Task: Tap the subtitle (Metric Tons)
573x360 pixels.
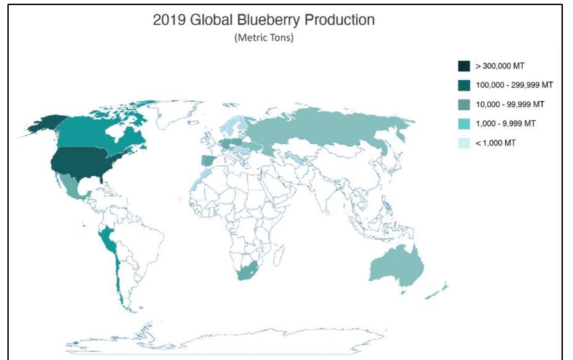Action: (x=264, y=38)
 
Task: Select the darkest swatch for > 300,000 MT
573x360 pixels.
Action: (x=464, y=66)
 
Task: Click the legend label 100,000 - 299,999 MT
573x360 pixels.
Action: (x=514, y=85)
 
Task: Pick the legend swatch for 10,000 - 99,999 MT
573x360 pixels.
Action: (x=464, y=105)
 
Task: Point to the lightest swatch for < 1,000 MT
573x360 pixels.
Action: (x=464, y=143)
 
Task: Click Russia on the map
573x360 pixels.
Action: (x=322, y=129)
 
